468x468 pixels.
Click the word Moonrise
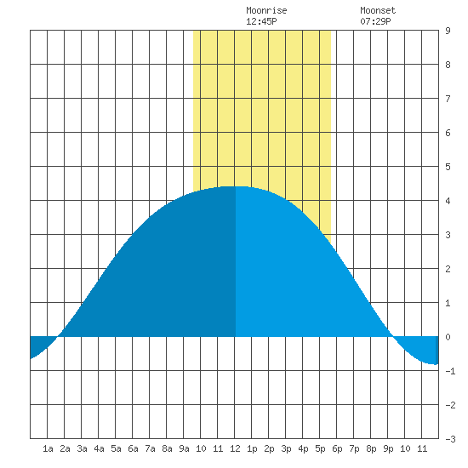[266, 10]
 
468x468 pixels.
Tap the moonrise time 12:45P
[261, 21]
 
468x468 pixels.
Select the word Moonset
[378, 10]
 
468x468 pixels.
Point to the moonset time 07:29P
[375, 21]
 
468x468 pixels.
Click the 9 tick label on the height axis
[448, 31]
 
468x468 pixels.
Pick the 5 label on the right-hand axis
[448, 167]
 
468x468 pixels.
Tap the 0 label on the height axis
[448, 337]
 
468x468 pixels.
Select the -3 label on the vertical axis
[450, 439]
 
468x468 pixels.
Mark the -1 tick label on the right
[450, 371]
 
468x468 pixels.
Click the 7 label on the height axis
[448, 99]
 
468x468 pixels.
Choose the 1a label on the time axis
[48, 448]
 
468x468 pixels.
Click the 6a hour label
[133, 448]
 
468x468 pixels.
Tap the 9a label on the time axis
[184, 448]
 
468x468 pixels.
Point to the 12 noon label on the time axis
[235, 448]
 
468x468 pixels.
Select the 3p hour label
[286, 448]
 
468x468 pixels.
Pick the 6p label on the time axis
[337, 448]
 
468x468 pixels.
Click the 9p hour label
[388, 448]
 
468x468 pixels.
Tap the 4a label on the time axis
[99, 448]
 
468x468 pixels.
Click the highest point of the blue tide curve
[236, 186]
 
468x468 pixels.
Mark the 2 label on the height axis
[448, 269]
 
